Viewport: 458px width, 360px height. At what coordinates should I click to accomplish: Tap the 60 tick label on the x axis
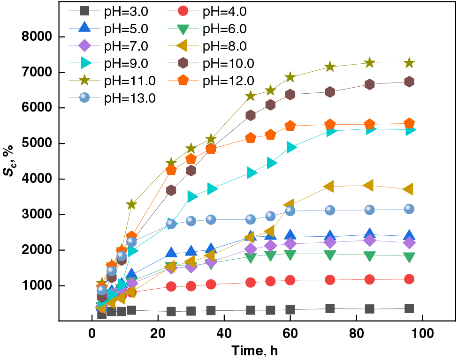pyautogui.click(x=290, y=334)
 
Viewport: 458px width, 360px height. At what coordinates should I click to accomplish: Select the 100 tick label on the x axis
pyautogui.click(x=422, y=334)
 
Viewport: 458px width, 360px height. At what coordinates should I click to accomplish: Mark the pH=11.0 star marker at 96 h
pyautogui.click(x=409, y=63)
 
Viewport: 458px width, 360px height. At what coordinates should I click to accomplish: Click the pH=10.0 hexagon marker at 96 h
pyautogui.click(x=409, y=82)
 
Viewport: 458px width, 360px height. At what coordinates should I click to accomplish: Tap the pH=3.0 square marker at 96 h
pyautogui.click(x=409, y=308)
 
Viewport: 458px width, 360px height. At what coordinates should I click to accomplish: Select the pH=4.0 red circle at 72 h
pyautogui.click(x=330, y=280)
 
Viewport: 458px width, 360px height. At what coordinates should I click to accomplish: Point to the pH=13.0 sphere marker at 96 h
pyautogui.click(x=409, y=209)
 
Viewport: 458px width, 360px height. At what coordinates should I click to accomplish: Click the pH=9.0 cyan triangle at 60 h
pyautogui.click(x=290, y=147)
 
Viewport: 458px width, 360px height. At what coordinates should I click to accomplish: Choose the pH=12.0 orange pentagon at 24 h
pyautogui.click(x=171, y=170)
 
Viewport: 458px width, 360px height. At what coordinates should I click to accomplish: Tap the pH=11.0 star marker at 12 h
pyautogui.click(x=132, y=204)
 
